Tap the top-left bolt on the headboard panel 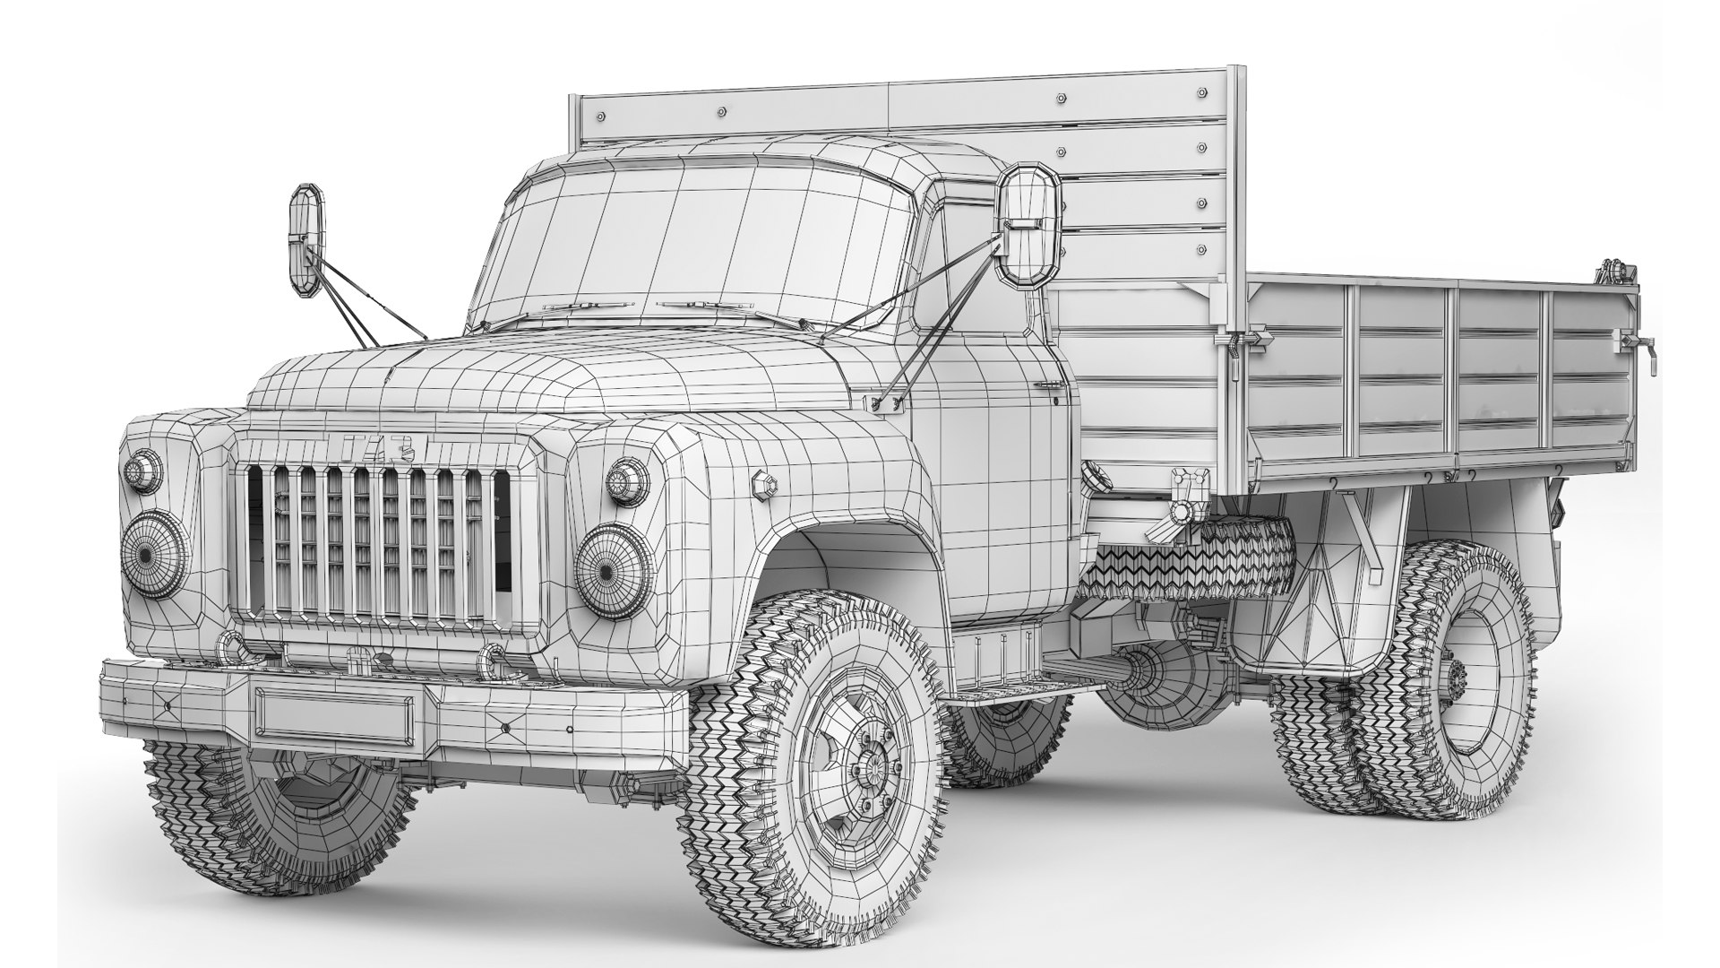coord(600,117)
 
